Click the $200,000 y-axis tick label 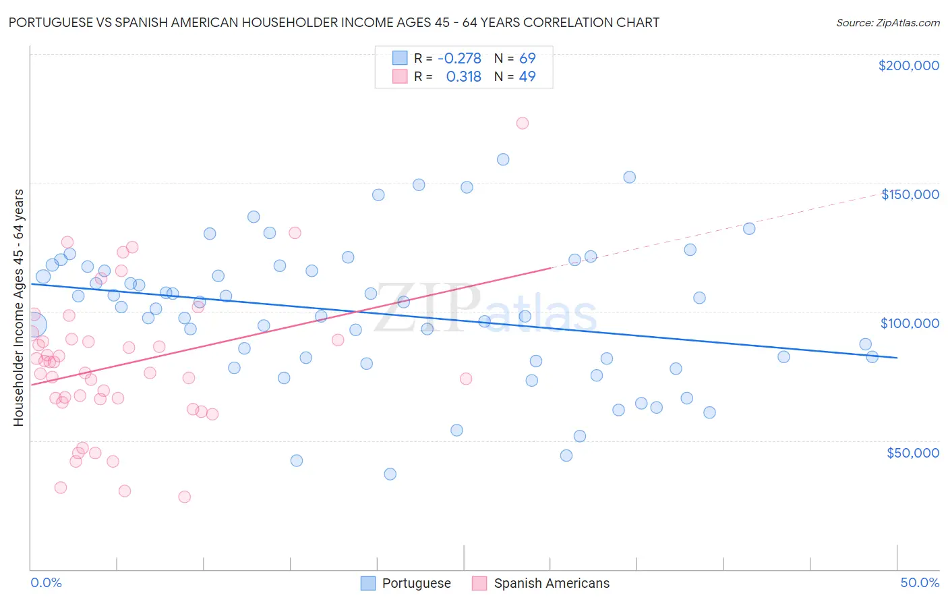pyautogui.click(x=908, y=65)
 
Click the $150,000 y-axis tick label pyautogui.click(x=910, y=194)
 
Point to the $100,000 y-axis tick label pyautogui.click(x=910, y=323)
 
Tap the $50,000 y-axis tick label pyautogui.click(x=912, y=453)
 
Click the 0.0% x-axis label pyautogui.click(x=46, y=582)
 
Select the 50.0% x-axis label pyautogui.click(x=920, y=582)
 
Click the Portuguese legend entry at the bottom pyautogui.click(x=406, y=583)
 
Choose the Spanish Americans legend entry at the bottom pyautogui.click(x=541, y=583)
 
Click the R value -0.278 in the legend pyautogui.click(x=459, y=58)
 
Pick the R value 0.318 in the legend pyautogui.click(x=463, y=76)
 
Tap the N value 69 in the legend pyautogui.click(x=527, y=58)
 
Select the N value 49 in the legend pyautogui.click(x=527, y=76)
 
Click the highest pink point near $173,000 pyautogui.click(x=523, y=123)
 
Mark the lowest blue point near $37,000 pyautogui.click(x=390, y=474)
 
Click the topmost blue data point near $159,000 pyautogui.click(x=503, y=159)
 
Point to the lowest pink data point pyautogui.click(x=184, y=497)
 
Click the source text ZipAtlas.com pyautogui.click(x=888, y=22)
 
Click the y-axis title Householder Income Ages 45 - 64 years pyautogui.click(x=18, y=308)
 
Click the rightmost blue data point pyautogui.click(x=872, y=357)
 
